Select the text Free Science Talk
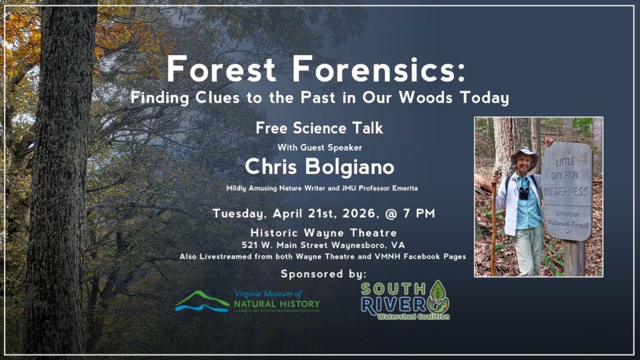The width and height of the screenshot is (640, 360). coord(319,128)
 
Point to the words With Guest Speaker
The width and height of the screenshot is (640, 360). coord(319,147)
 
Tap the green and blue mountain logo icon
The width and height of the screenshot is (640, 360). coord(202,302)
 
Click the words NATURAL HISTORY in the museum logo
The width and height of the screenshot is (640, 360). coord(277,304)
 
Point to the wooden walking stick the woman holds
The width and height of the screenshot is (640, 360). coord(494,225)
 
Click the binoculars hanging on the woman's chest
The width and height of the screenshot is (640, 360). coord(524,192)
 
